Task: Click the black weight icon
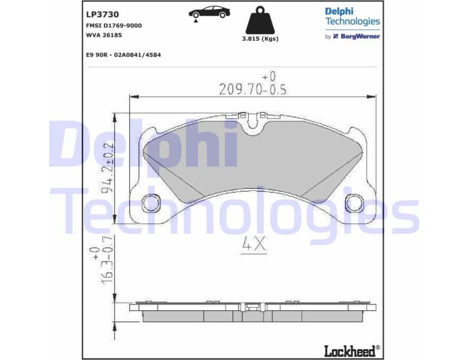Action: click(x=259, y=21)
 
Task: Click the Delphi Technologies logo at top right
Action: click(x=353, y=16)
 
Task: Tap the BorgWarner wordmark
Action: click(x=360, y=36)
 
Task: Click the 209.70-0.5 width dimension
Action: click(x=253, y=89)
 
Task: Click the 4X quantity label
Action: click(x=253, y=245)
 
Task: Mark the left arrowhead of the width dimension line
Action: click(x=133, y=96)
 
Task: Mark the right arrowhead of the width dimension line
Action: click(x=374, y=96)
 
